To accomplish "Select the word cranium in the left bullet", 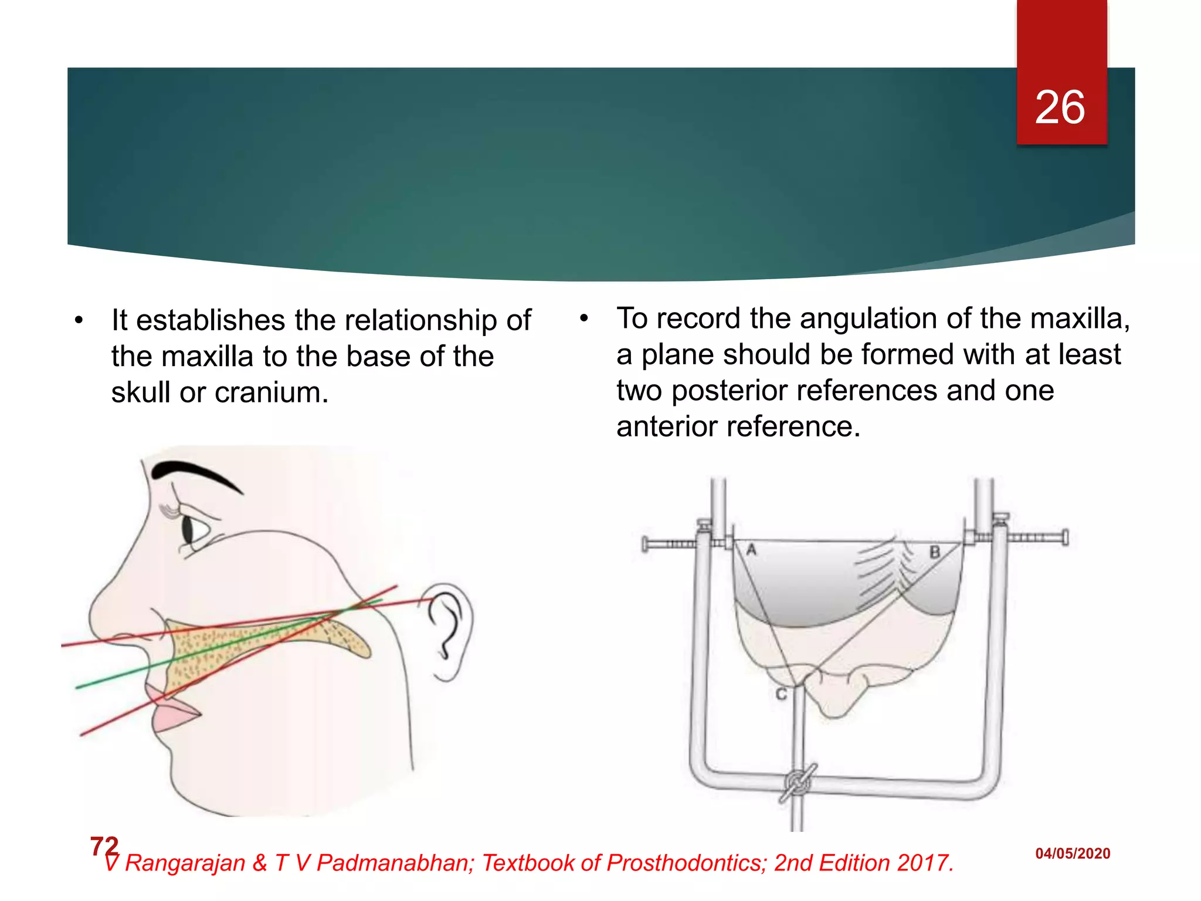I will pos(272,392).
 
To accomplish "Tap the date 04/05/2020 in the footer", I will pos(1072,853).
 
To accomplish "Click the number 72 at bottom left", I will pos(104,846).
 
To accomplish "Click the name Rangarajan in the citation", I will pos(185,863).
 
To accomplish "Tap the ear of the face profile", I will pos(449,631).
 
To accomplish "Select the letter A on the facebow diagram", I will pos(751,550).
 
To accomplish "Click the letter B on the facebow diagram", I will pos(934,552).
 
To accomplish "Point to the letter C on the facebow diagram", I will pos(781,694).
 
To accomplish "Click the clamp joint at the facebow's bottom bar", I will pos(798,783).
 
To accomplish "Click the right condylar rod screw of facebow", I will pos(1037,537).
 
